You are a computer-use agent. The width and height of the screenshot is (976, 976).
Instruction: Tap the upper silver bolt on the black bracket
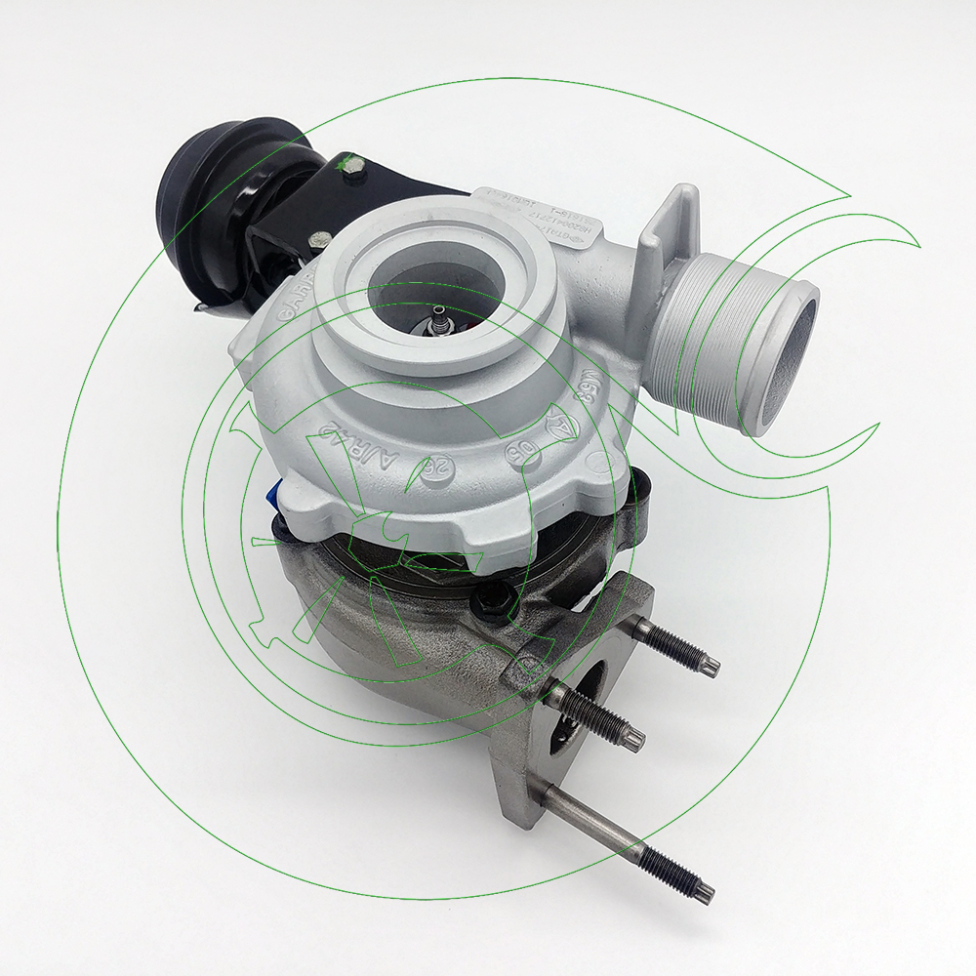(x=354, y=166)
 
